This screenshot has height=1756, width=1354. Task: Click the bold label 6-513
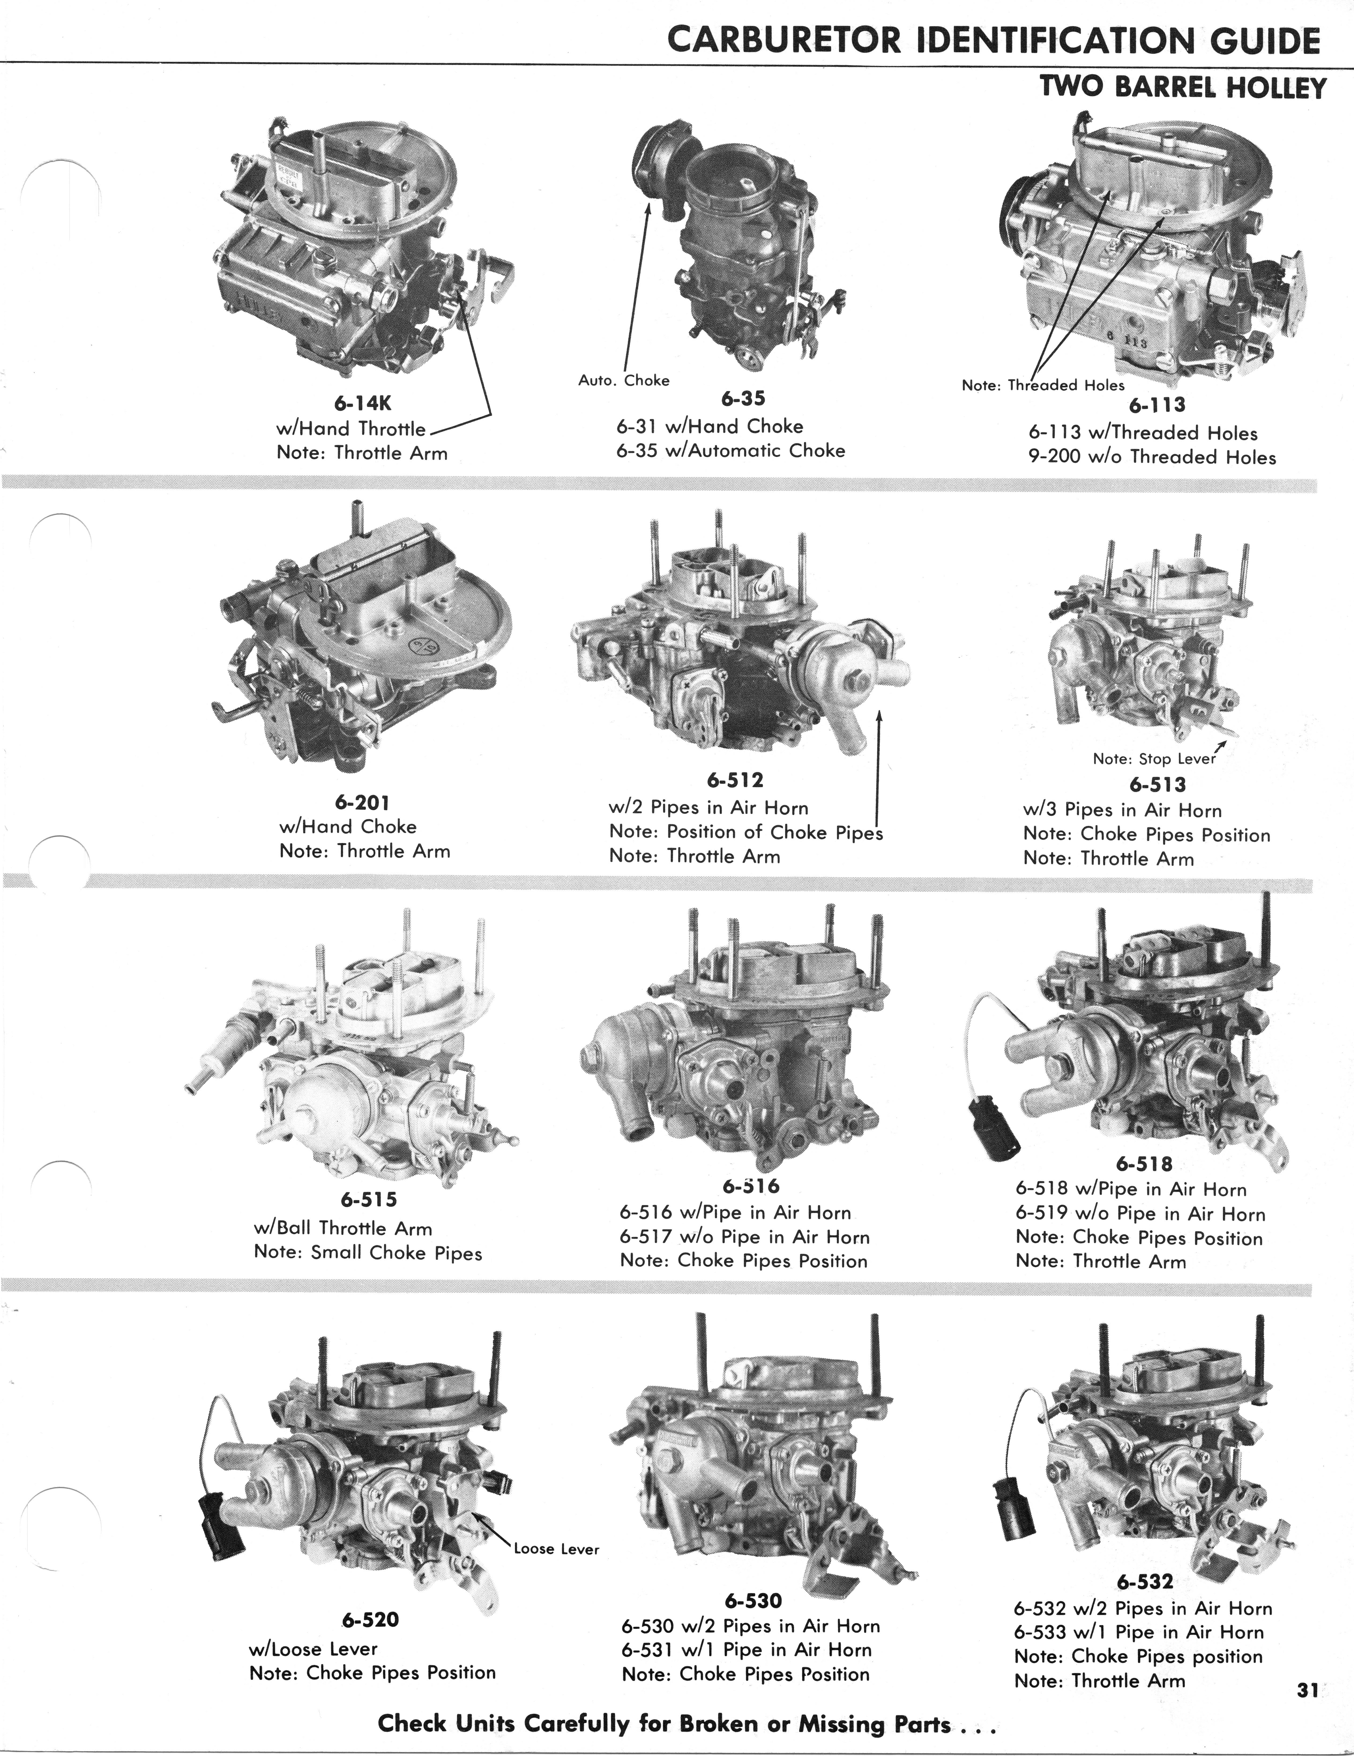1157,784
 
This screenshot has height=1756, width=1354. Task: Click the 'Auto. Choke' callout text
624,380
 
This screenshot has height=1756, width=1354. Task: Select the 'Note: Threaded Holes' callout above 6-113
1043,385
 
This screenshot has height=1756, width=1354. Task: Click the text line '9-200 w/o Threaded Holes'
1151,457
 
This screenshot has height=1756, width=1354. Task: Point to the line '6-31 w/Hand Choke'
710,426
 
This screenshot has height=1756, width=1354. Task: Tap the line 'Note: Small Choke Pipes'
368,1253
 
